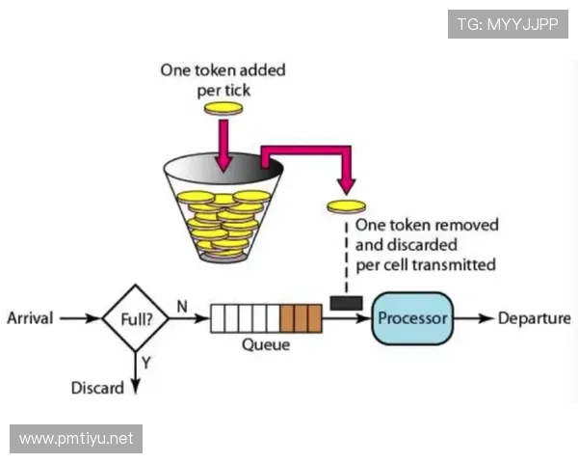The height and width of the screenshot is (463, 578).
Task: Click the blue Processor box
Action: (412, 317)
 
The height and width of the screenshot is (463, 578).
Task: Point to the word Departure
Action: (534, 318)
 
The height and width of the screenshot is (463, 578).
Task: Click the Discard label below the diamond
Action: (97, 388)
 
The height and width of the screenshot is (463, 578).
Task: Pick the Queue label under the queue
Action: (264, 344)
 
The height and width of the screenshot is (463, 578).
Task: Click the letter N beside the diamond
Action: (181, 306)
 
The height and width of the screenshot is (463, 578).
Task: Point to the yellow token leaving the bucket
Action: (347, 205)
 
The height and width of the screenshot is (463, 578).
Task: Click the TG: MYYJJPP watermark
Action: (508, 24)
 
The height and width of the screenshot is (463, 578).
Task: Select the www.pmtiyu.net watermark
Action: (77, 439)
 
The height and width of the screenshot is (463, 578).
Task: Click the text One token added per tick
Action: (223, 78)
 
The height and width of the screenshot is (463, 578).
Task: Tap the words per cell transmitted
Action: (426, 264)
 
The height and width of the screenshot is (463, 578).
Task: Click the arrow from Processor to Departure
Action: (473, 318)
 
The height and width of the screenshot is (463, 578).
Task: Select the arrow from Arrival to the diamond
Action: (80, 317)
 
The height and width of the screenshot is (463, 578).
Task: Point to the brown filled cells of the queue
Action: (300, 317)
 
